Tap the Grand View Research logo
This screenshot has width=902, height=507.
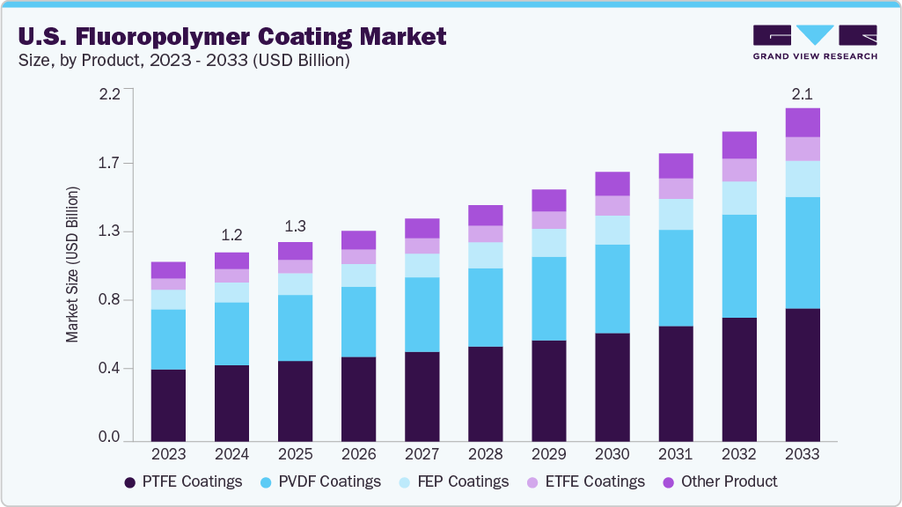coord(815,42)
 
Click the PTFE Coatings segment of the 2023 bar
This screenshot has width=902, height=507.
coord(168,405)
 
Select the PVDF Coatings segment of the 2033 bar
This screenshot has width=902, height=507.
coord(803,253)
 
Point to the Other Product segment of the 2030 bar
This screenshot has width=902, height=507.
coord(612,183)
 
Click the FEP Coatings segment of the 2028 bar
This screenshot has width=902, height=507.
coord(486,255)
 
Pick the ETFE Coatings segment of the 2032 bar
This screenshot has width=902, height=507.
coord(739,170)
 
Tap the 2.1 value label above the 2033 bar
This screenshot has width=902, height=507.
coord(803,93)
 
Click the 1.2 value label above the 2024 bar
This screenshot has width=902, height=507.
coord(231,235)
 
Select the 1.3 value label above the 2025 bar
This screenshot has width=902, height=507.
coord(295,225)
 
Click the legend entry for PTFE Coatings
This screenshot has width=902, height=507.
coord(183,481)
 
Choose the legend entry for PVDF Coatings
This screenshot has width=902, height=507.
coord(321,481)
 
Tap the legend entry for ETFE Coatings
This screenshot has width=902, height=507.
coord(587,481)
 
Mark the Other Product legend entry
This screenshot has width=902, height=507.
coord(719,481)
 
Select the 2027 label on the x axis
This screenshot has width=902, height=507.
coord(422,454)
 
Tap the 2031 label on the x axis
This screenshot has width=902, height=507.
coord(676,454)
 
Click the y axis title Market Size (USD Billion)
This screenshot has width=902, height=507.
coord(72,265)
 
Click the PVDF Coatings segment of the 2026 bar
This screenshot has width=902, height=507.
coord(358,321)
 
